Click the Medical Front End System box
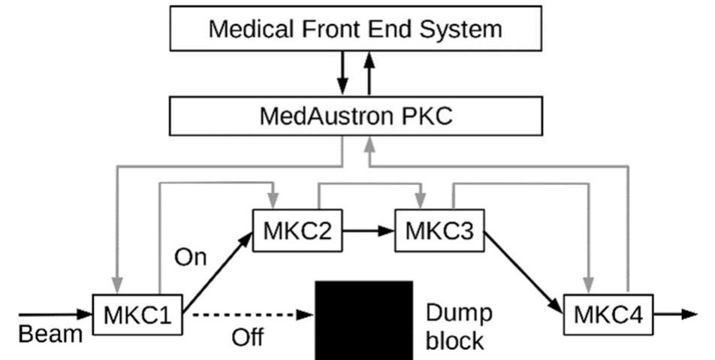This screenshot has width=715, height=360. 355,29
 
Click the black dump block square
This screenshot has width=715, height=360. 364,319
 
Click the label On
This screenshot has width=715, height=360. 190,258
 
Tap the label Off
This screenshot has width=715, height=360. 247,337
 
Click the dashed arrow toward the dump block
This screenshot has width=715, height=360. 248,314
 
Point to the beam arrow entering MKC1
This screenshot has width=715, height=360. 53,314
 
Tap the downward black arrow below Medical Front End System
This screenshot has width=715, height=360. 342,72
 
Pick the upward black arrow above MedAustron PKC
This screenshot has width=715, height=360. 369,72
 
